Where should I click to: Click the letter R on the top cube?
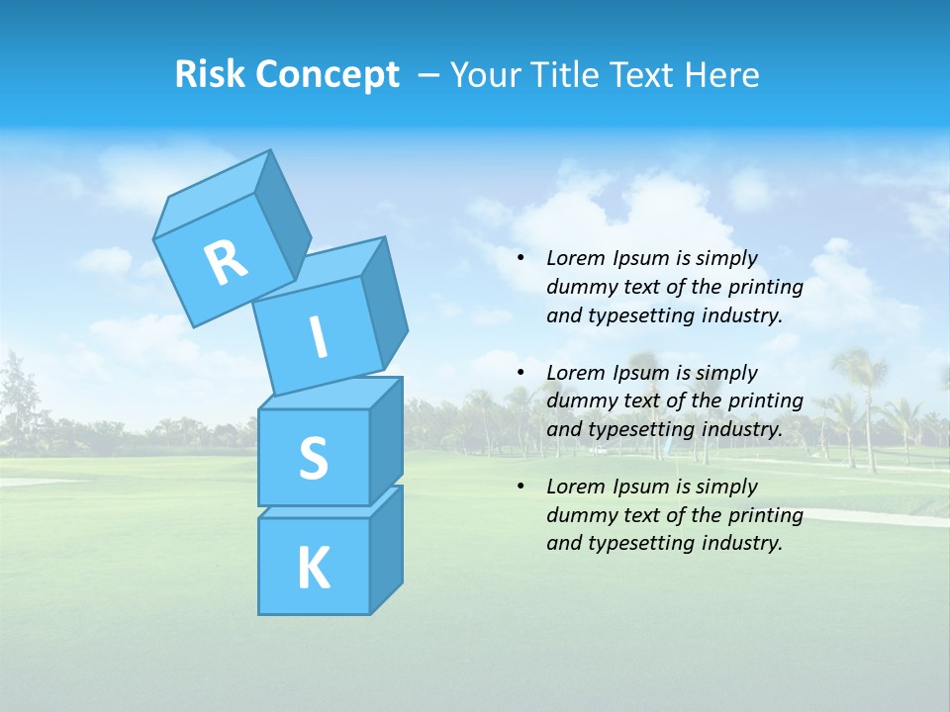click(x=226, y=261)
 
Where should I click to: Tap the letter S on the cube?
click(x=313, y=458)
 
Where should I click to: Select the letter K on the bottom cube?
click(x=313, y=569)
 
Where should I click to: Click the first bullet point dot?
click(x=521, y=259)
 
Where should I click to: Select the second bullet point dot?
click(x=521, y=373)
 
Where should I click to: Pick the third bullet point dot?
click(x=521, y=487)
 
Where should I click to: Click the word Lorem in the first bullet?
click(x=575, y=258)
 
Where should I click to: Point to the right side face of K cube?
click(x=386, y=552)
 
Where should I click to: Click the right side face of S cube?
click(x=386, y=440)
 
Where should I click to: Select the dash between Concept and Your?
click(x=429, y=74)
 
